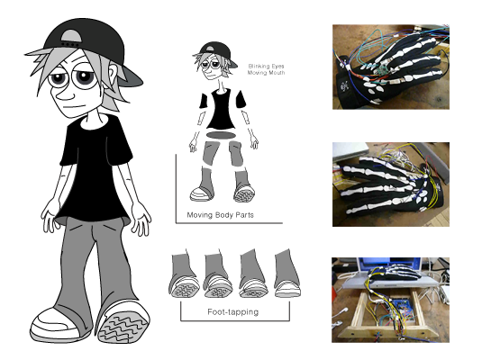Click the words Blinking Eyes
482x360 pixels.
(266, 66)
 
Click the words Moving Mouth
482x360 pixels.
(266, 73)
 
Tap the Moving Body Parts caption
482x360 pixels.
(221, 215)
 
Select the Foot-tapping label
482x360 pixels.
(233, 312)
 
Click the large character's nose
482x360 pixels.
(65, 95)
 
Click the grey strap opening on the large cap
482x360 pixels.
(71, 38)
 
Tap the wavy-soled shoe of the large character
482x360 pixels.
(123, 322)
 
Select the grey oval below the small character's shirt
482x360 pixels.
(221, 135)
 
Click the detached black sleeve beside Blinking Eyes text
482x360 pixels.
(241, 99)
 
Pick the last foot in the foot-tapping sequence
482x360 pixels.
(287, 274)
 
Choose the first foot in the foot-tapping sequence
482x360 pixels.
(184, 274)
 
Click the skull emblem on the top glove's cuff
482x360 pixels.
(344, 86)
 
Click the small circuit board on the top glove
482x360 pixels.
(382, 69)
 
